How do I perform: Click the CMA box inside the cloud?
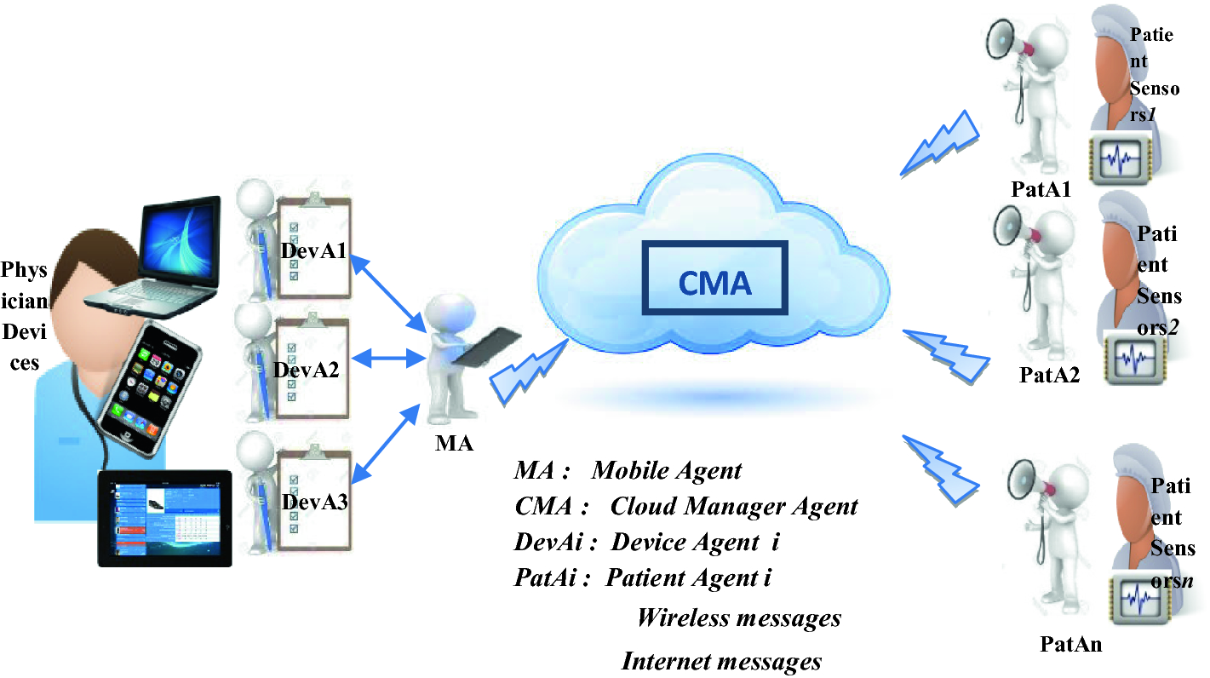click(714, 282)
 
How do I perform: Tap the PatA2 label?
click(1049, 374)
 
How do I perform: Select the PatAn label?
click(1070, 643)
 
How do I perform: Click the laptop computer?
click(162, 256)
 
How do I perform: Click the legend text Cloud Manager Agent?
click(733, 506)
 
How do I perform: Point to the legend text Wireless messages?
click(738, 617)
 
